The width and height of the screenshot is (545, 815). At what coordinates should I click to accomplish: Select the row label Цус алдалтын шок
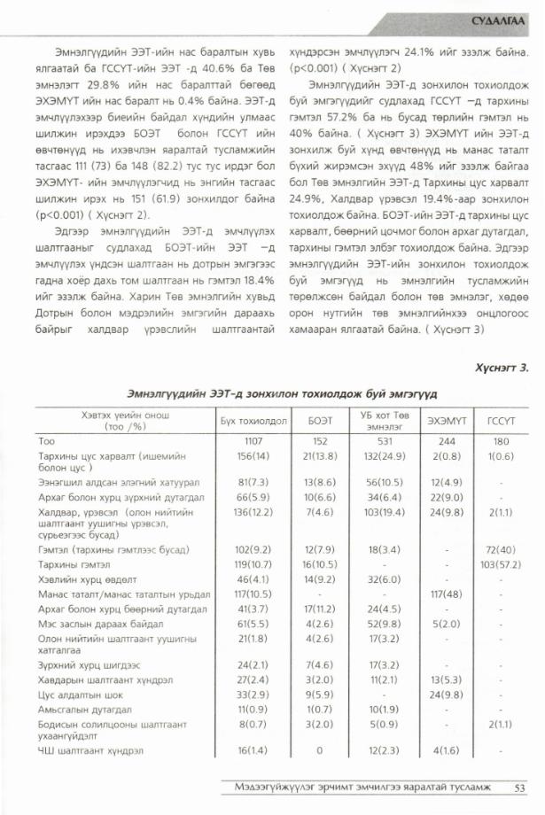click(75, 695)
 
